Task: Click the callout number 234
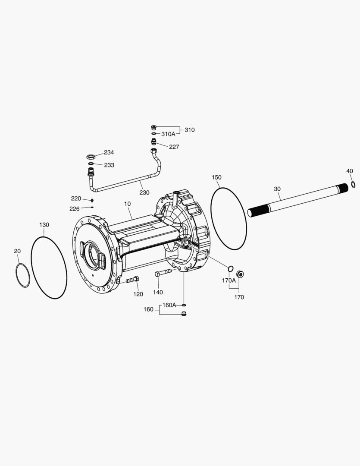[x=109, y=152]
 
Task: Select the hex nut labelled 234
[x=91, y=156]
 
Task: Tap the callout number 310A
[x=168, y=134]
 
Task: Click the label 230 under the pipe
[x=144, y=192]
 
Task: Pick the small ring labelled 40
[x=353, y=185]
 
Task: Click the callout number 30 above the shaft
[x=277, y=189]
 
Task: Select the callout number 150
[x=216, y=177]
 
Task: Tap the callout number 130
[x=44, y=225]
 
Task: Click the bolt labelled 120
[x=132, y=280]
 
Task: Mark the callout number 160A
[x=169, y=305]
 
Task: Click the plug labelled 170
[x=240, y=273]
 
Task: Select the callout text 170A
[x=229, y=280]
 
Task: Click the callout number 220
[x=76, y=198]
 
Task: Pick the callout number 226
[x=75, y=209]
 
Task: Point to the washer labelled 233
[x=91, y=164]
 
